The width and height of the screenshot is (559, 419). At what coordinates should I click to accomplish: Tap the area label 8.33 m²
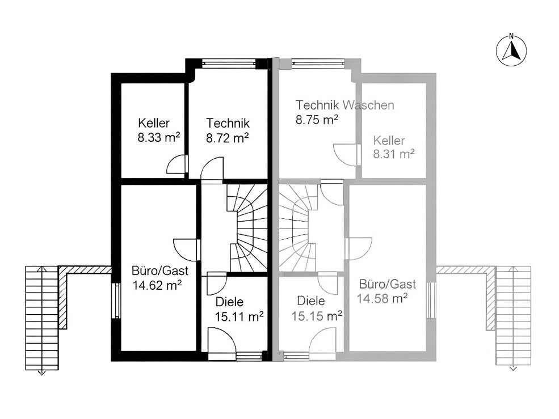159,138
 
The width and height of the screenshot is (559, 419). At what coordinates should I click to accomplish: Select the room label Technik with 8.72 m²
228,123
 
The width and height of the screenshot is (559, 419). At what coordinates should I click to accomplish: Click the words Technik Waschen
344,105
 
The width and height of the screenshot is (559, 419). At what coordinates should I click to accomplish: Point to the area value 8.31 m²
394,154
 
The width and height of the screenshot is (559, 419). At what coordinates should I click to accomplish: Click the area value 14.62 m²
158,285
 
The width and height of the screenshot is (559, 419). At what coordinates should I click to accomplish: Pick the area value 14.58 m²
382,299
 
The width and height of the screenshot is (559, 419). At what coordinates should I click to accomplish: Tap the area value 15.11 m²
239,316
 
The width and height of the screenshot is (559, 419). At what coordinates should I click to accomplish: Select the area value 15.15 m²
317,316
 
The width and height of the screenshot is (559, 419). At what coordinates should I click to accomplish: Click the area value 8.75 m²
317,120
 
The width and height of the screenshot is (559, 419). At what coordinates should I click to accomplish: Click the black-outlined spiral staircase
247,228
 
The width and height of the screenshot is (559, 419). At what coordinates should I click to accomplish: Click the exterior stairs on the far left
41,319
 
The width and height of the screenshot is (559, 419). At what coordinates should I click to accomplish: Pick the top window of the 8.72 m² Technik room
229,64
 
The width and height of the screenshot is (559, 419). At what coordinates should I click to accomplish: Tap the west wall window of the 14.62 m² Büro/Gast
116,300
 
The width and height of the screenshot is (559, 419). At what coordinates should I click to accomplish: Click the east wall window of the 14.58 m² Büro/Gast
431,300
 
